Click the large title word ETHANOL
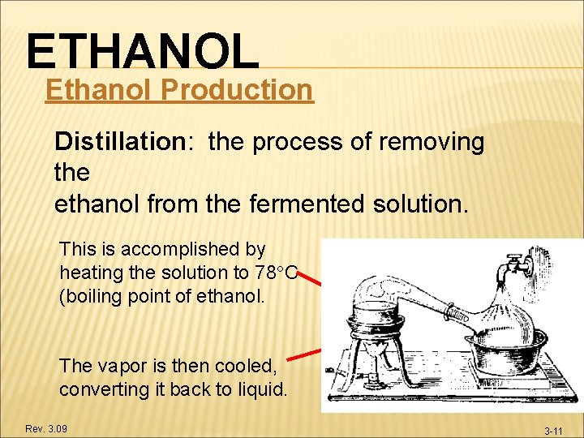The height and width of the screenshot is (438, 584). pos(143,50)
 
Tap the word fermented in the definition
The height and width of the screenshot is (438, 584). pos(298,204)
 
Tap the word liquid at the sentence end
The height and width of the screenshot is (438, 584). pos(259,389)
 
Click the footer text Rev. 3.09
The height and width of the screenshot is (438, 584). pos(45,428)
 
